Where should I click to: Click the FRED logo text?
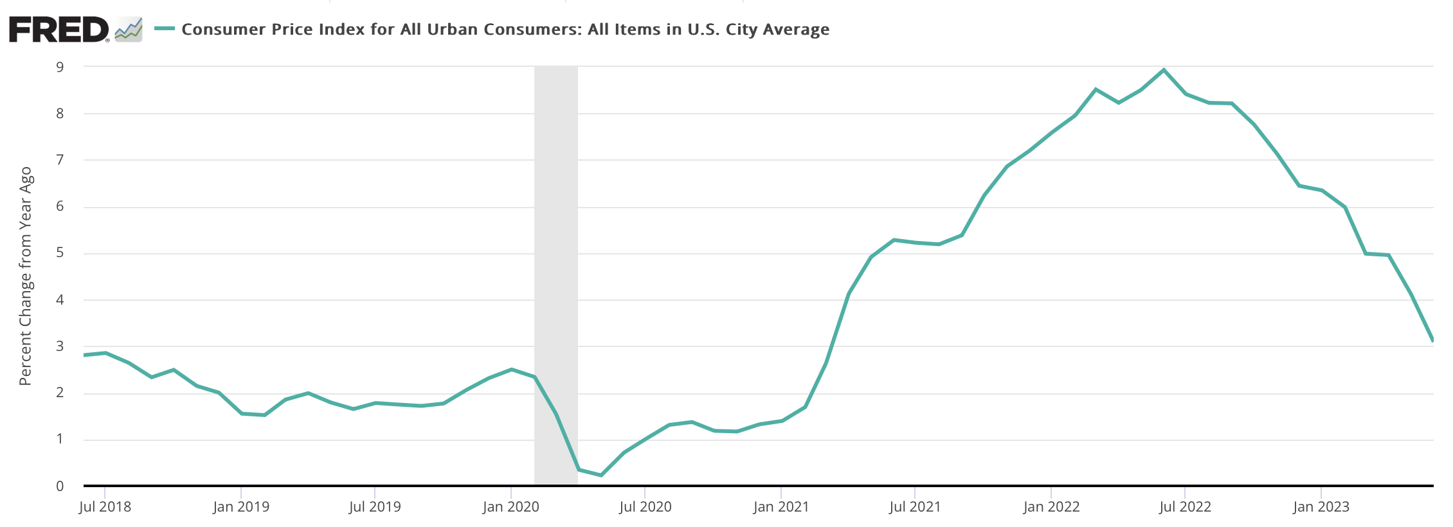pyautogui.click(x=59, y=30)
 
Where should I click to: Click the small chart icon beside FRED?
pyautogui.click(x=129, y=30)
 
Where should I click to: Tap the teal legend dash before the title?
pyautogui.click(x=165, y=29)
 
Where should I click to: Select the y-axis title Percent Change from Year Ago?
pyautogui.click(x=25, y=276)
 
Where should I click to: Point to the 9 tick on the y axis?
pyautogui.click(x=60, y=67)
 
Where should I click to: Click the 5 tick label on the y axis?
pyautogui.click(x=60, y=253)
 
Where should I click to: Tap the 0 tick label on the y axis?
pyautogui.click(x=60, y=487)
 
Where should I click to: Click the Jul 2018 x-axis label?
pyautogui.click(x=105, y=507)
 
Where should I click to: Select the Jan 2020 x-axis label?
pyautogui.click(x=510, y=507)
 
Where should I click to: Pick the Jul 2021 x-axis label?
pyautogui.click(x=914, y=507)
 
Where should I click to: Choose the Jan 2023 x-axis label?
pyautogui.click(x=1321, y=507)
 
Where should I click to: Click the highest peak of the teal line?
pyautogui.click(x=1164, y=70)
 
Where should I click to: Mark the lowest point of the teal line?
pyautogui.click(x=600, y=475)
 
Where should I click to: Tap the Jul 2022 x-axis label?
pyautogui.click(x=1185, y=507)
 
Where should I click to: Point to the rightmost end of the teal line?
pyautogui.click(x=1432, y=340)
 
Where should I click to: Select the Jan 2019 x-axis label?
pyautogui.click(x=241, y=507)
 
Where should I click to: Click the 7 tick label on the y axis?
pyautogui.click(x=60, y=160)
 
